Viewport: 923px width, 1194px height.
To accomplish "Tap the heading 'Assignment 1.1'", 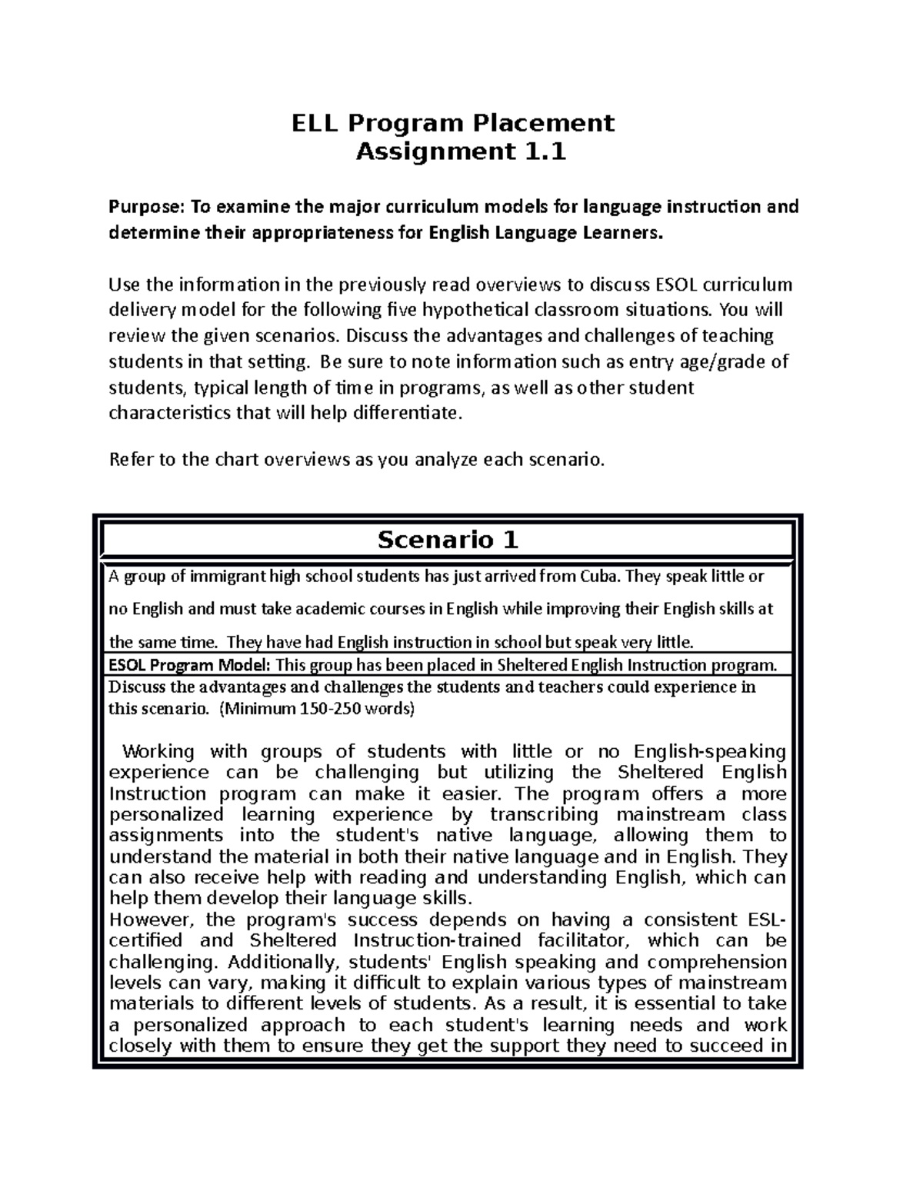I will click(x=461, y=152).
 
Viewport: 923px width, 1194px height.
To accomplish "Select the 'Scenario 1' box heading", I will click(x=448, y=540).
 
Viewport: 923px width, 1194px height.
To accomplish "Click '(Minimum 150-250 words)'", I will click(x=318, y=709).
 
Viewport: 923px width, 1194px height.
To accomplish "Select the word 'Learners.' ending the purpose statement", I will click(x=621, y=233).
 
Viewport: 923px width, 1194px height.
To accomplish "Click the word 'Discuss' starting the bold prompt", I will click(x=136, y=687).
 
